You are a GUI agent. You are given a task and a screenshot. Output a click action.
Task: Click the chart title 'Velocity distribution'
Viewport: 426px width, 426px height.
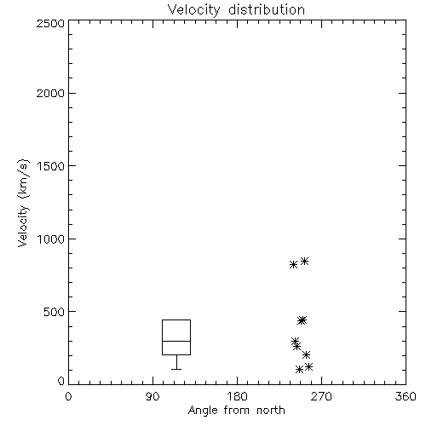(x=236, y=9)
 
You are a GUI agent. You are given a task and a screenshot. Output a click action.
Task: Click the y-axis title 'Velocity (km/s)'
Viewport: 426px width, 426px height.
(x=23, y=203)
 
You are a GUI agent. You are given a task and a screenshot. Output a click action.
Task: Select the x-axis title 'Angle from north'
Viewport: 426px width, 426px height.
(x=236, y=411)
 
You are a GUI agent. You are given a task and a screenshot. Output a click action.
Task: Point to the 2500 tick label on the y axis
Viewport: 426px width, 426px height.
(x=50, y=23)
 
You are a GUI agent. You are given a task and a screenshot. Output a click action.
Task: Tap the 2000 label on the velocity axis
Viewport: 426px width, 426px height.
(x=50, y=93)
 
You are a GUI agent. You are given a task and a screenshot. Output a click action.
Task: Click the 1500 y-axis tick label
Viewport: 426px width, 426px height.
(x=51, y=166)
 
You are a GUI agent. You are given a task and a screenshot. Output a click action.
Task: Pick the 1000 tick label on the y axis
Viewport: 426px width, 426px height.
(x=51, y=239)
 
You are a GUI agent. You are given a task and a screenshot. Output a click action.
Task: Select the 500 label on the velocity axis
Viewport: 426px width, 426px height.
(x=55, y=312)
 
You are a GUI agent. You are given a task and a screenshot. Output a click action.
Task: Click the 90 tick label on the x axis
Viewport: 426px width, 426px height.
(x=153, y=396)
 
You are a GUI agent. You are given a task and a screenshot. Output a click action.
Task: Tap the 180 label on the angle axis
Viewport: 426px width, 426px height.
(x=237, y=396)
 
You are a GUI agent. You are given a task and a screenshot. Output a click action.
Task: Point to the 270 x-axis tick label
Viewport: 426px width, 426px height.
(x=321, y=396)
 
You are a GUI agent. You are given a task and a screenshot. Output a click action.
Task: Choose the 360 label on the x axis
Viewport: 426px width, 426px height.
(x=406, y=396)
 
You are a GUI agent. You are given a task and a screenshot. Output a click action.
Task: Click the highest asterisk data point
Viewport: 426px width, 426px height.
(x=304, y=261)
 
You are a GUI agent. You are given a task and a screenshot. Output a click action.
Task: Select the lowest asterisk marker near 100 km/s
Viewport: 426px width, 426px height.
(x=299, y=369)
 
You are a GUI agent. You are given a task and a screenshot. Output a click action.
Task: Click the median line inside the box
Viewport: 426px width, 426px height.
(x=176, y=341)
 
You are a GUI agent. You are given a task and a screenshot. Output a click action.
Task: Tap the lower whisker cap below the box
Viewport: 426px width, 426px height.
(x=176, y=369)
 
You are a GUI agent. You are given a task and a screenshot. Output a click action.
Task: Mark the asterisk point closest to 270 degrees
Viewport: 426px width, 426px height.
(x=308, y=366)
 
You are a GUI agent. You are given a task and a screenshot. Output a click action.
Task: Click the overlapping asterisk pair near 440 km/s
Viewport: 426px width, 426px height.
(x=302, y=320)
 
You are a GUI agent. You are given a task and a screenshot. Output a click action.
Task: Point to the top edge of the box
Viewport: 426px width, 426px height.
(x=176, y=320)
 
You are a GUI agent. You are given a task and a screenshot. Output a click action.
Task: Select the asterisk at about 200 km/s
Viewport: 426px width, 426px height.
(x=306, y=354)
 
